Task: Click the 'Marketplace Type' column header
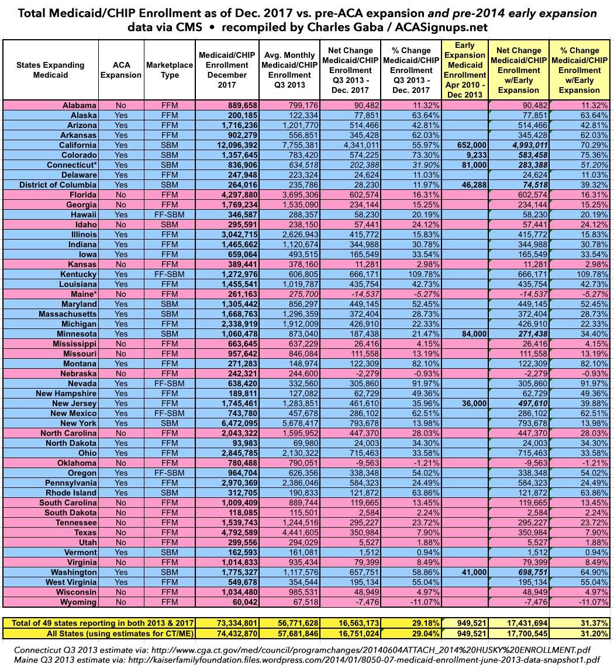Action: pos(170,70)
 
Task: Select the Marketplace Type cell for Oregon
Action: pos(170,473)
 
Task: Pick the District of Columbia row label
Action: pos(59,185)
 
